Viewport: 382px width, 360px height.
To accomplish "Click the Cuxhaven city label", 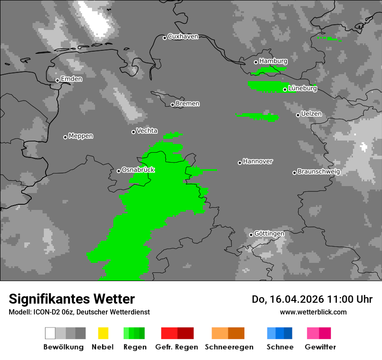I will pos(183,36).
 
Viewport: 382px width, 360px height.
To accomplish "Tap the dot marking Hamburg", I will pos(256,62).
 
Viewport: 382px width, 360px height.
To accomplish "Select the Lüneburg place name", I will pos(303,88).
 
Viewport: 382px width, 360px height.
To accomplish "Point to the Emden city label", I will pos(71,79).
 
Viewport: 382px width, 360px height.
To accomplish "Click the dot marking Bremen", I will pos(172,105).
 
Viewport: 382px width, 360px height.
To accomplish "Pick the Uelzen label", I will pos(311,114).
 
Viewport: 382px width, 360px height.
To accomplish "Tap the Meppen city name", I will pos(81,136).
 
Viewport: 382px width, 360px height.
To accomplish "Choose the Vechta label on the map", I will pos(147,131).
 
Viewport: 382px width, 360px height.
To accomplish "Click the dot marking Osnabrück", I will pos(119,171).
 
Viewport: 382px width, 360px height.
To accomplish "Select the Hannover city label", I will pos(258,161).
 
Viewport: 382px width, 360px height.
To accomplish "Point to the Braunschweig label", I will pos(319,171).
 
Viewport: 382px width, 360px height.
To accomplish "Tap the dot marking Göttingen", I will pos(251,235).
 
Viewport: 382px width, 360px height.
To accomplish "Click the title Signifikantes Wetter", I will pos(72,299).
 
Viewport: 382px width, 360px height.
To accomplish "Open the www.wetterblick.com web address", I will pos(313,312).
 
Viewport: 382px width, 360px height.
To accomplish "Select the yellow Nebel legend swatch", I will pos(103,333).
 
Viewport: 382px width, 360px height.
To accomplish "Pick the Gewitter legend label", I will pos(320,347).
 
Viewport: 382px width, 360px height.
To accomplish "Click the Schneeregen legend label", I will pos(229,347).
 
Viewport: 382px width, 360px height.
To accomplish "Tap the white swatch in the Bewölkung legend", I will pos(50,333).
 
